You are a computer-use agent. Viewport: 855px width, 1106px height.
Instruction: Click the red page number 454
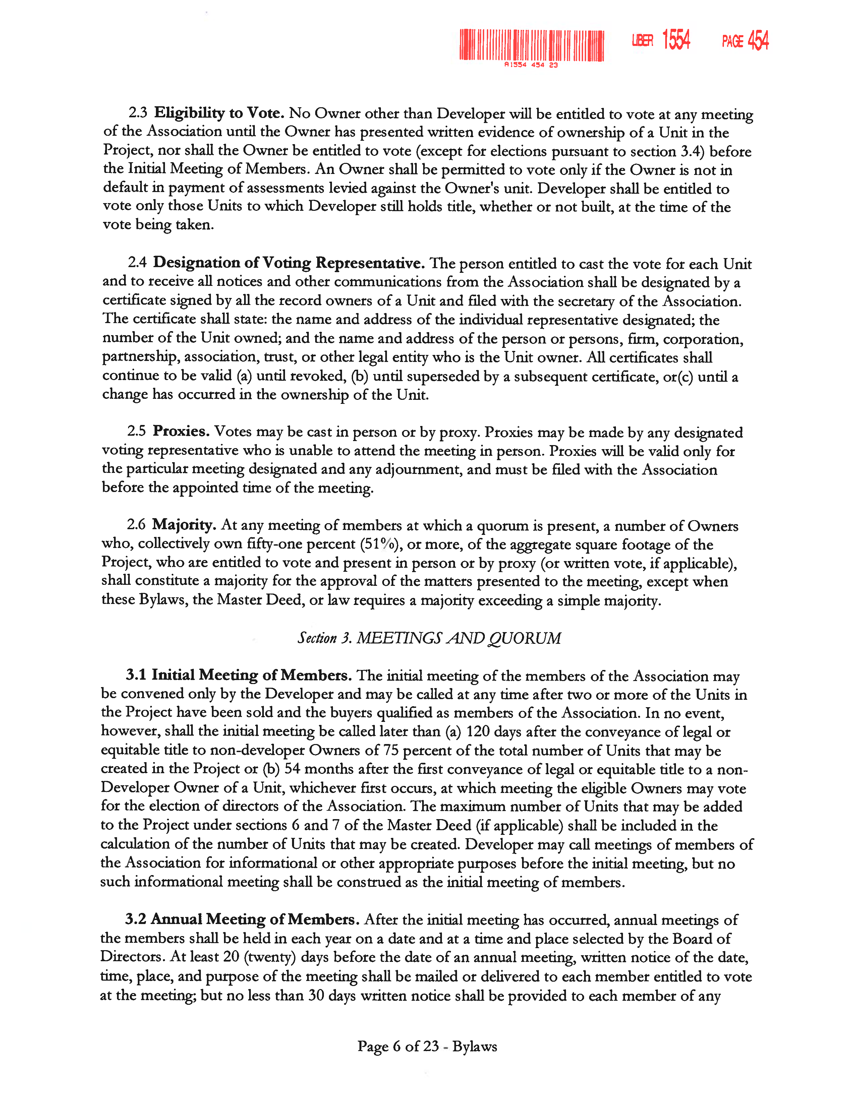(758, 41)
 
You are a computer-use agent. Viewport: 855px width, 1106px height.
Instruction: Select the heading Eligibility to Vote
(219, 113)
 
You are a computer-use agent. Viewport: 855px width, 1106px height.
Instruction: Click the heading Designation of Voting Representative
(289, 263)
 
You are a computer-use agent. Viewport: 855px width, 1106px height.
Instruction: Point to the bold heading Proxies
(181, 431)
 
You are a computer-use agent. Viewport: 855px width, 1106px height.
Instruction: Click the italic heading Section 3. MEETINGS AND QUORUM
(429, 638)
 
